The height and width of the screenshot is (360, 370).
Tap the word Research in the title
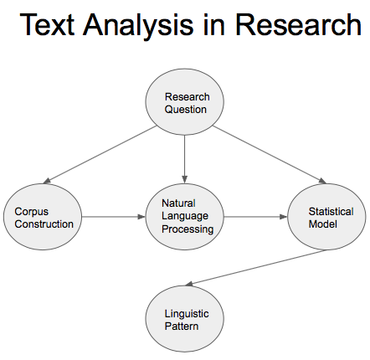pyautogui.click(x=298, y=25)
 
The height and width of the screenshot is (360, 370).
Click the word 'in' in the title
pyautogui.click(x=214, y=25)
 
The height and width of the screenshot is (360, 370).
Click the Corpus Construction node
pyautogui.click(x=44, y=218)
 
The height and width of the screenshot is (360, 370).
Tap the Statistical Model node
pyautogui.click(x=326, y=218)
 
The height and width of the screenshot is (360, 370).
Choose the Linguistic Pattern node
pyautogui.click(x=186, y=319)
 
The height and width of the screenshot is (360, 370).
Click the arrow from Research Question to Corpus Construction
pyautogui.click(x=100, y=155)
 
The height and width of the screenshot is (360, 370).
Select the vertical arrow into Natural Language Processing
pyautogui.click(x=185, y=159)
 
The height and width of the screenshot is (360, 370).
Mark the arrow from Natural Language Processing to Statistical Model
pyautogui.click(x=255, y=218)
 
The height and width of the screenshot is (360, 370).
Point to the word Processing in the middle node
pyautogui.click(x=188, y=229)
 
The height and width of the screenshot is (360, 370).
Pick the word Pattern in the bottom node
pyautogui.click(x=182, y=326)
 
